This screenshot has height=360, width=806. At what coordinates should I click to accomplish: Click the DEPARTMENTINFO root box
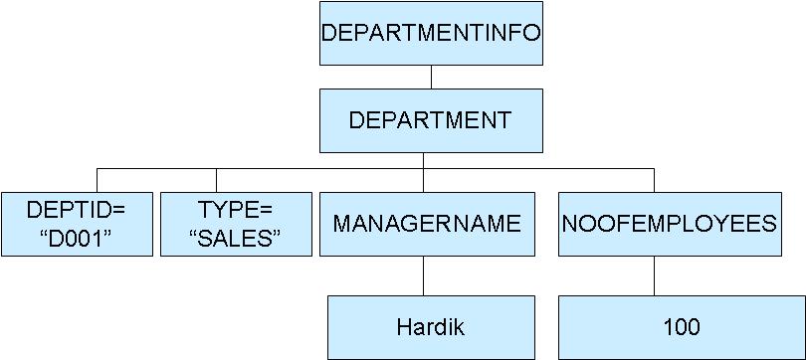(431, 33)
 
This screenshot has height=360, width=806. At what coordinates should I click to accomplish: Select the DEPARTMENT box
(431, 120)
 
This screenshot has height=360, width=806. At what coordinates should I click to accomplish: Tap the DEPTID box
(76, 223)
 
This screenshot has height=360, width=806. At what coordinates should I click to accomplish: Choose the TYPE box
(236, 223)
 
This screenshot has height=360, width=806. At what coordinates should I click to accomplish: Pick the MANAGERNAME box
(426, 223)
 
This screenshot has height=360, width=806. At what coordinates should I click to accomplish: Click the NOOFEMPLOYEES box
(669, 223)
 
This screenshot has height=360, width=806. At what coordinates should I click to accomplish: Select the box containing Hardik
(430, 327)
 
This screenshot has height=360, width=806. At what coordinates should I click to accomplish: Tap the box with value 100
(681, 327)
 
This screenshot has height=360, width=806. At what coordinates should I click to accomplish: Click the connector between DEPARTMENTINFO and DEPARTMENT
(431, 77)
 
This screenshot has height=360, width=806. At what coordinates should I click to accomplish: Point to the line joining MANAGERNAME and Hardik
(425, 275)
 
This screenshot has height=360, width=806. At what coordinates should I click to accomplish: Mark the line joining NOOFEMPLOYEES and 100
(654, 275)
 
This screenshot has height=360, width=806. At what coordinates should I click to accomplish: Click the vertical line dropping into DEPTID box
(97, 180)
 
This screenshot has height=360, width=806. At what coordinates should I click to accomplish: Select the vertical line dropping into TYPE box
(236, 180)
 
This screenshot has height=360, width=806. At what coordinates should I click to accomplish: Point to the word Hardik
(430, 327)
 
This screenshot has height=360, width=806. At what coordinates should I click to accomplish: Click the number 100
(681, 327)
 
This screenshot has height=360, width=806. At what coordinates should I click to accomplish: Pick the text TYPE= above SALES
(236, 210)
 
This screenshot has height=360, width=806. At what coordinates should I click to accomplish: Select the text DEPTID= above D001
(76, 210)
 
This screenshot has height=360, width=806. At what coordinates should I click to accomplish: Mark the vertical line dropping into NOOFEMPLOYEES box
(654, 180)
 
